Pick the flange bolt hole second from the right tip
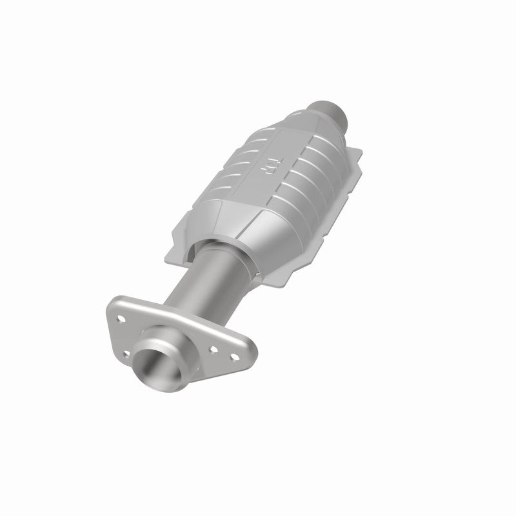213,349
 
